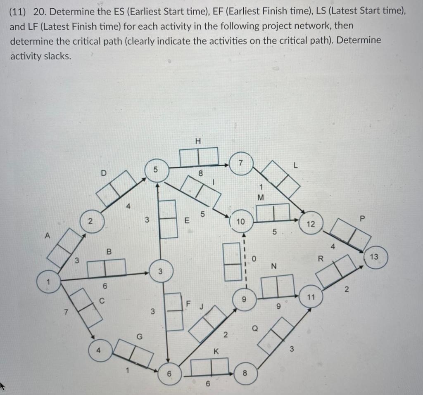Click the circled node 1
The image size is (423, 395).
tap(48, 283)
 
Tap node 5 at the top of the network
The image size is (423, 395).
tap(156, 169)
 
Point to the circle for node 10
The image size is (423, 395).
tap(241, 222)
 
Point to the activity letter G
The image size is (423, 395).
tap(140, 336)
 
